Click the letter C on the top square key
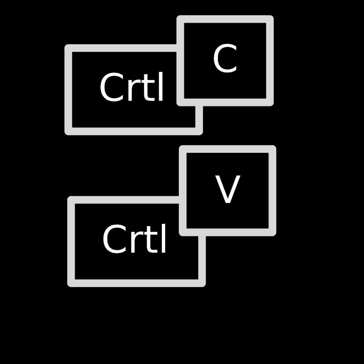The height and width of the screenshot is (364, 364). coord(225,58)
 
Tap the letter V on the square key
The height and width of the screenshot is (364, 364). coord(227,189)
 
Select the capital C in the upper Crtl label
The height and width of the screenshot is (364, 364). coord(111,87)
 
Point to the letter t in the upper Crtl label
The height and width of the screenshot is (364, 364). coord(146,88)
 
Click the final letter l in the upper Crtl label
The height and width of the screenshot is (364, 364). coord(161,86)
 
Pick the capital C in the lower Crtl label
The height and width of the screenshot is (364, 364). coord(114,239)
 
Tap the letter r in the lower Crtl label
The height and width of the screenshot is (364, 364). coord(135,242)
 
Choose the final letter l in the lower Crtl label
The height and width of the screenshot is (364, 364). coord(163,238)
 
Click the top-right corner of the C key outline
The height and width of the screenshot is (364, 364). coord(274,15)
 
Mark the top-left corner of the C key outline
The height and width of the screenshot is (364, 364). coord(177,15)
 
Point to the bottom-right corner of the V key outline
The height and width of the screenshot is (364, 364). coord(276,236)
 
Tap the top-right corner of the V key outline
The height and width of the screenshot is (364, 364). coord(276,145)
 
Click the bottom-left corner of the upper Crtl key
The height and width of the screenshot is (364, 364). coord(65,135)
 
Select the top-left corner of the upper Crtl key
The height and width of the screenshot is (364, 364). coord(65,44)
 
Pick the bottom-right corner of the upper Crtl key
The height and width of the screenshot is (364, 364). coord(202,135)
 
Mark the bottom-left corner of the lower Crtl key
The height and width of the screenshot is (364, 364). coord(67,287)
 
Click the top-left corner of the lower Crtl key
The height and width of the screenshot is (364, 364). coord(67,197)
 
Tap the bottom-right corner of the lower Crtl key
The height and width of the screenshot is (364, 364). coord(206,287)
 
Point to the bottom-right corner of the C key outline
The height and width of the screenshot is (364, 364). coord(274,106)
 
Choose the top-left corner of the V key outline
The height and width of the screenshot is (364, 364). coord(179,145)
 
